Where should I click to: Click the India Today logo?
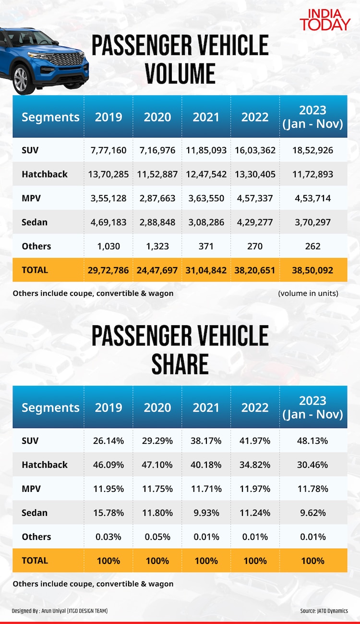tap(325, 19)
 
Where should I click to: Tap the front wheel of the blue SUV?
tap(21, 79)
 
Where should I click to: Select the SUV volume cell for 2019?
tap(108, 150)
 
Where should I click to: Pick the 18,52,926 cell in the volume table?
tap(313, 150)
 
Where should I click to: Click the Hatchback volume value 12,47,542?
tap(206, 174)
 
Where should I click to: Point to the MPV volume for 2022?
tap(255, 198)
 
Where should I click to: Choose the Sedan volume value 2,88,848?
tap(157, 222)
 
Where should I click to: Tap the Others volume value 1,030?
tap(108, 246)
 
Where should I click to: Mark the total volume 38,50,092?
tap(313, 270)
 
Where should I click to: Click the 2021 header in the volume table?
tap(206, 117)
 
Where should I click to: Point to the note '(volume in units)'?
tap(308, 293)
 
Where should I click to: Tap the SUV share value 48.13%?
tap(313, 441)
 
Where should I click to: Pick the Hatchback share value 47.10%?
tap(157, 465)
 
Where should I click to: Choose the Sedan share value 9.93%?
tap(206, 513)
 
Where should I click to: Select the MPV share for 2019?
tap(108, 489)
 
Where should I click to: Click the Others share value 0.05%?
tap(157, 537)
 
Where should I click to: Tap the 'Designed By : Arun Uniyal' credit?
tap(60, 611)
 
